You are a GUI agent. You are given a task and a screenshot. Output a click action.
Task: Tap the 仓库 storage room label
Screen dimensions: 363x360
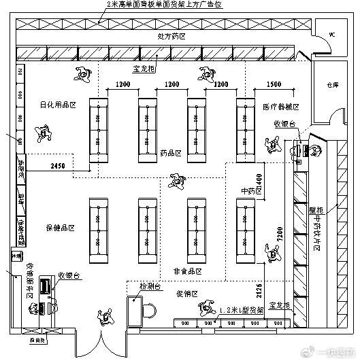point(332,86)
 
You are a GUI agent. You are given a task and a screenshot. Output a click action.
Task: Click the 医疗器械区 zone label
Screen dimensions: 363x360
point(280,107)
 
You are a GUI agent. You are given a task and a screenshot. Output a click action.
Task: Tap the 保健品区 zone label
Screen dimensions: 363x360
point(60,227)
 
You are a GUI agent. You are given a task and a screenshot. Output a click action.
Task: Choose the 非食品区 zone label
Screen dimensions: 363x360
point(188,271)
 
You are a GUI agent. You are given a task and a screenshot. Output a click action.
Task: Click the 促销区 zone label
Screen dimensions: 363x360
point(186,294)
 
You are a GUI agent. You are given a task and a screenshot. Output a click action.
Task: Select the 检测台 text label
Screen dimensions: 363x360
point(149,286)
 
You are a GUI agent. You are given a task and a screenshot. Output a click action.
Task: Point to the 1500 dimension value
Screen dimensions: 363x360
point(274,85)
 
